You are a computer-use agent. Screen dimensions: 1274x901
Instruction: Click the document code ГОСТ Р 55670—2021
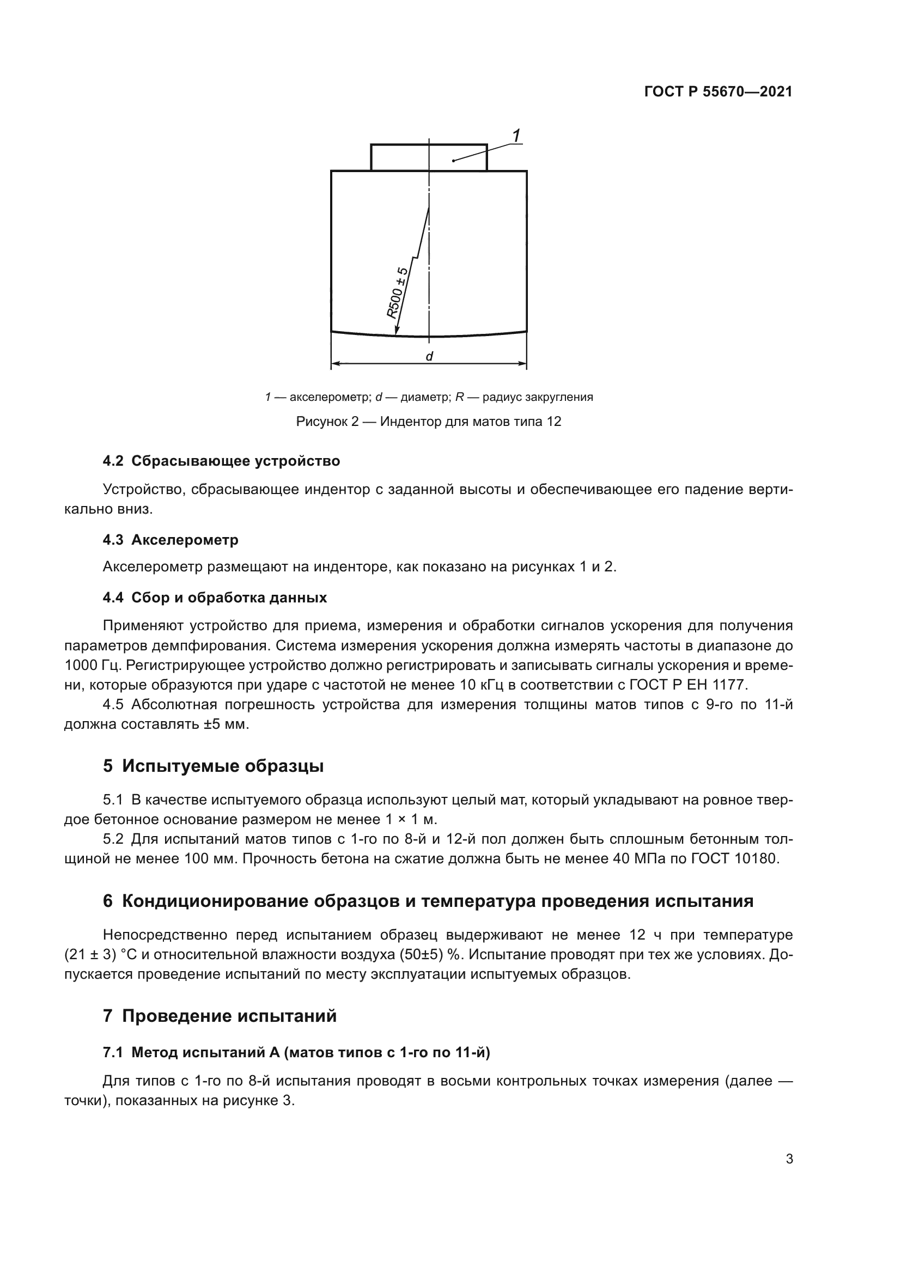718,92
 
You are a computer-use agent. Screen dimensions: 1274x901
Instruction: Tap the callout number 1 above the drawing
516,136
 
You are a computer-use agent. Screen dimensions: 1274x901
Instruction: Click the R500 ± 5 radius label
397,293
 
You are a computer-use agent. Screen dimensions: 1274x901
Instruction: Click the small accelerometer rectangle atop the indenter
429,157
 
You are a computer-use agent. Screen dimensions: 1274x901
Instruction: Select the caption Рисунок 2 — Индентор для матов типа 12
428,422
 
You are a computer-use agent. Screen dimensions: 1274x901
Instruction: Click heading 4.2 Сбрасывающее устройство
221,461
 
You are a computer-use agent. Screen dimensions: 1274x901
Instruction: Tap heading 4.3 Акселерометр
171,539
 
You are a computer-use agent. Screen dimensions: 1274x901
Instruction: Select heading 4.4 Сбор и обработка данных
215,598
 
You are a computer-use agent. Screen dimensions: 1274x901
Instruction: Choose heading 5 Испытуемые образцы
213,766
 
